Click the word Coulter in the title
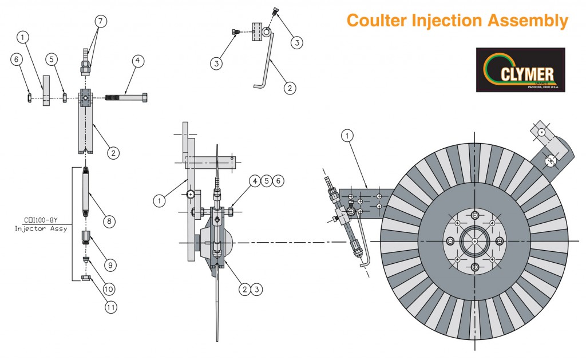[376, 21]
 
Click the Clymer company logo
[520, 70]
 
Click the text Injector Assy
[40, 229]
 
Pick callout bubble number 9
[110, 265]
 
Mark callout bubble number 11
[110, 307]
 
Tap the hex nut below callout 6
[30, 97]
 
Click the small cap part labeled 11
[87, 278]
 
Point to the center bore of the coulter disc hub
[475, 239]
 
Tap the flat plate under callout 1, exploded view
[46, 90]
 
